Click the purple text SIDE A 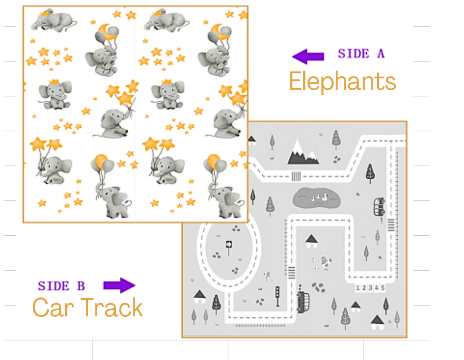click(361, 54)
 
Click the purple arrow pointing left click(308, 57)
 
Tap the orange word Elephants click(342, 82)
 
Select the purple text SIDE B click(61, 286)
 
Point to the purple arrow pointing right click(119, 285)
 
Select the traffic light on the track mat click(277, 296)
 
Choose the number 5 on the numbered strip click(383, 287)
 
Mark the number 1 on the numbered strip click(358, 287)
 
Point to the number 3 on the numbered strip click(370, 287)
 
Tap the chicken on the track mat click(325, 262)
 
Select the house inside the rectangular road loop click(311, 241)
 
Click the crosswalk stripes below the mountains click(296, 177)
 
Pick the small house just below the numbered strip click(356, 307)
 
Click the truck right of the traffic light click(303, 301)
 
